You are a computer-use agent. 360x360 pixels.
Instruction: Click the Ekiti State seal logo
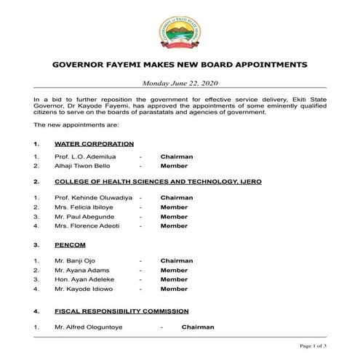180,31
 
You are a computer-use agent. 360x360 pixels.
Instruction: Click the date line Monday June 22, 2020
180,84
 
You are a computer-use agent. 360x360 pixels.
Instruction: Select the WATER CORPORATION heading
94,144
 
